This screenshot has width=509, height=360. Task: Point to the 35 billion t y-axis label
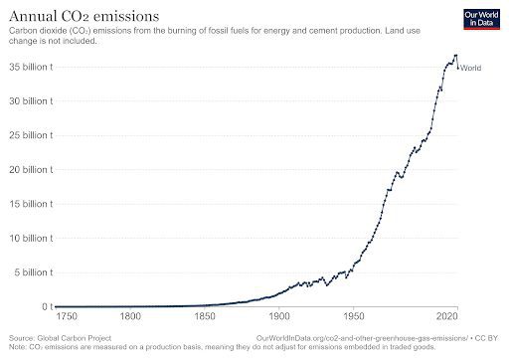tap(33, 67)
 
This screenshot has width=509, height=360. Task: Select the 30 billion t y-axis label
tap(33, 101)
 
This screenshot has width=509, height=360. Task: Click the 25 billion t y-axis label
tap(33, 135)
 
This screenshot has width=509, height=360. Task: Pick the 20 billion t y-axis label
tap(33, 170)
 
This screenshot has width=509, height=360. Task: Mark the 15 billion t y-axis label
tap(33, 204)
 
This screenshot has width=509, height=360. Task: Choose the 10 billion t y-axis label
tap(33, 239)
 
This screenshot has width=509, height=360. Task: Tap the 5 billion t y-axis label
tap(35, 272)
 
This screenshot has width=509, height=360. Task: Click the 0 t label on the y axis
tap(45, 306)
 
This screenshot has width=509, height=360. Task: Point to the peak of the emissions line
tap(455, 56)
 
